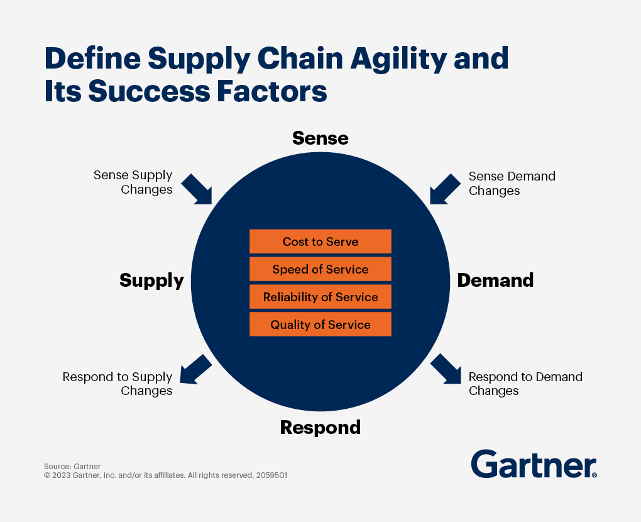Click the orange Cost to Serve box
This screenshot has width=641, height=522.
pos(320,242)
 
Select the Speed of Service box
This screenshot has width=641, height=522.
pos(320,269)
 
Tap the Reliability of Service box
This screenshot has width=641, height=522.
pos(320,297)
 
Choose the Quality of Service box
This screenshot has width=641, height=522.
pos(320,325)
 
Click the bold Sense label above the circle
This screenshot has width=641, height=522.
pos(320,138)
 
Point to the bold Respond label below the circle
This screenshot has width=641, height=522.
pos(320,428)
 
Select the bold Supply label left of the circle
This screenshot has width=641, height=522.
pos(151,280)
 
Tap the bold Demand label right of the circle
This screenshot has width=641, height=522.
pos(495,280)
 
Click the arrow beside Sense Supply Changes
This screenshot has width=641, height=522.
pos(197,189)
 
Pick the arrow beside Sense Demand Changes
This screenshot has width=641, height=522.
pos(445,189)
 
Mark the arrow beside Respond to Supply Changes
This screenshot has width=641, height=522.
pos(195,369)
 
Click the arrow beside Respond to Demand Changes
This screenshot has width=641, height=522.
pos(446,369)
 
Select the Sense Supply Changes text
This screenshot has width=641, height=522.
pos(133,183)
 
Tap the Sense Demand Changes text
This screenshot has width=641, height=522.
pos(512,183)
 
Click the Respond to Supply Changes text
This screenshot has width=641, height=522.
pos(118,384)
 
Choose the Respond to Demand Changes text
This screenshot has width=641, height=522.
pos(525,384)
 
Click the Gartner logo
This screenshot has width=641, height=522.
pos(534,464)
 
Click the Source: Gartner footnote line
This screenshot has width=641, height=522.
pos(72,466)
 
